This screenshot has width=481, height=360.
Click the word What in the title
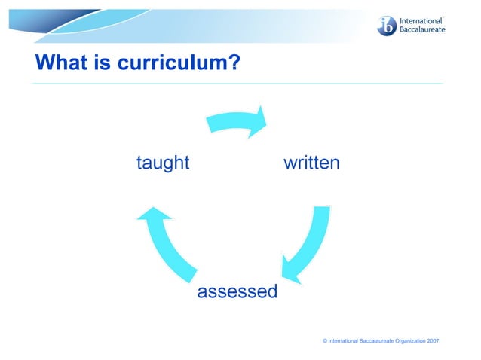pyautogui.click(x=61, y=63)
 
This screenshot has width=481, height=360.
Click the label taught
pyautogui.click(x=163, y=163)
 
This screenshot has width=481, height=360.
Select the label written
pyautogui.click(x=311, y=163)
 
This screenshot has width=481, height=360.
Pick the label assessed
pyautogui.click(x=237, y=291)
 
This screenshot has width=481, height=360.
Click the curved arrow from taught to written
pyautogui.click(x=234, y=121)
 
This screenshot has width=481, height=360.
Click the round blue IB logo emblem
pyautogui.click(x=387, y=26)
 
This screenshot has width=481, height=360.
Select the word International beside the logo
pyautogui.click(x=421, y=20)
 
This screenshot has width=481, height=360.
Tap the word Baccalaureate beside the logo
pyautogui.click(x=422, y=31)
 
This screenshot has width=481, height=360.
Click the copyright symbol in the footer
pyautogui.click(x=325, y=341)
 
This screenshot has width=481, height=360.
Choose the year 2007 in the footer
pyautogui.click(x=433, y=341)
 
